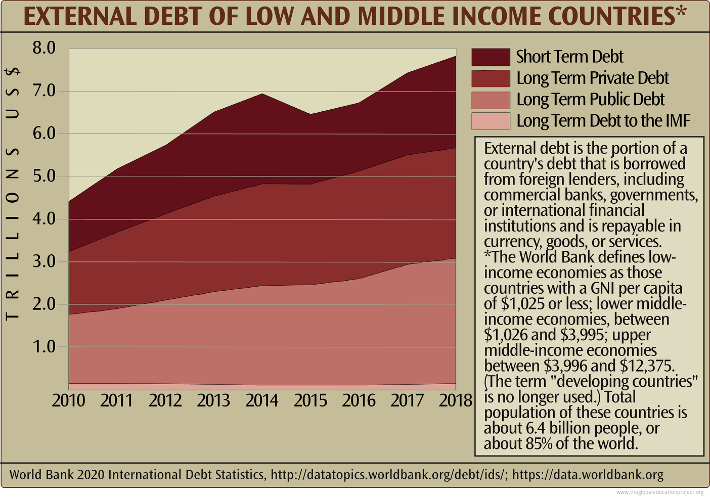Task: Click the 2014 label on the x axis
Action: click(x=261, y=400)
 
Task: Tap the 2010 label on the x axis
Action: click(x=69, y=400)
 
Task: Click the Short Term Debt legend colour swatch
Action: click(x=491, y=57)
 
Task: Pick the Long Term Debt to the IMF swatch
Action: click(x=491, y=121)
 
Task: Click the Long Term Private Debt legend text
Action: click(x=592, y=78)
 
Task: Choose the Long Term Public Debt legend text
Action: click(x=590, y=100)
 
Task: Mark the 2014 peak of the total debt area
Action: click(x=261, y=94)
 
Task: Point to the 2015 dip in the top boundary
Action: click(x=310, y=114)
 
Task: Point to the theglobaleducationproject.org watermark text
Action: click(x=659, y=492)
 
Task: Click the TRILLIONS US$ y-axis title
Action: click(x=13, y=195)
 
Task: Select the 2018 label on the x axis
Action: click(x=455, y=400)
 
